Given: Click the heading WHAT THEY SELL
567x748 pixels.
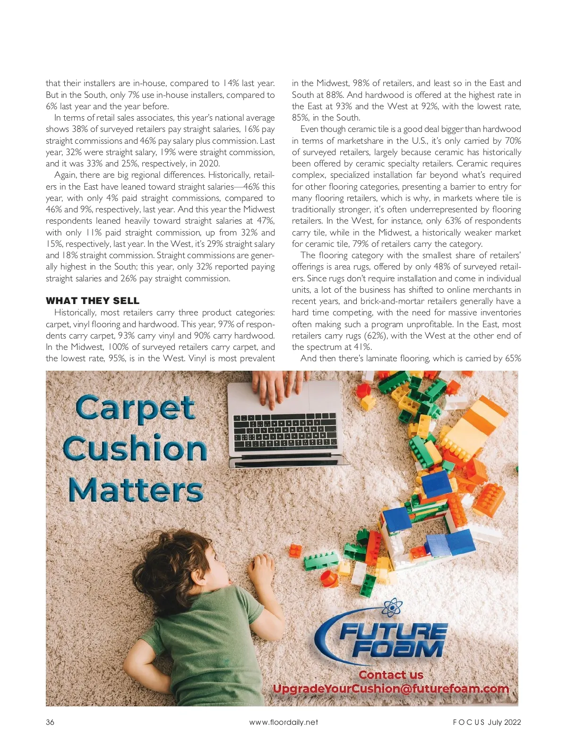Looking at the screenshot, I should coord(92,301).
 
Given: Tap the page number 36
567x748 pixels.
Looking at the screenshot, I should coord(50,722).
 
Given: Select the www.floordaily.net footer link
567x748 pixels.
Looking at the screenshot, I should coord(283,722).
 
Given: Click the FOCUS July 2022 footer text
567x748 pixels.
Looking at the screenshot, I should coord(487,722).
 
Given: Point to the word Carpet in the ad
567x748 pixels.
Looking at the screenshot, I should coord(135,408).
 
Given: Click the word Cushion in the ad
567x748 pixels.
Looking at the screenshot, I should coord(135,449).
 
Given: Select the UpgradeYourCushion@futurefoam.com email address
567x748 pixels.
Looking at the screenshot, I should coord(391,688).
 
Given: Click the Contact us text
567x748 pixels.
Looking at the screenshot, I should coord(391,675).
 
